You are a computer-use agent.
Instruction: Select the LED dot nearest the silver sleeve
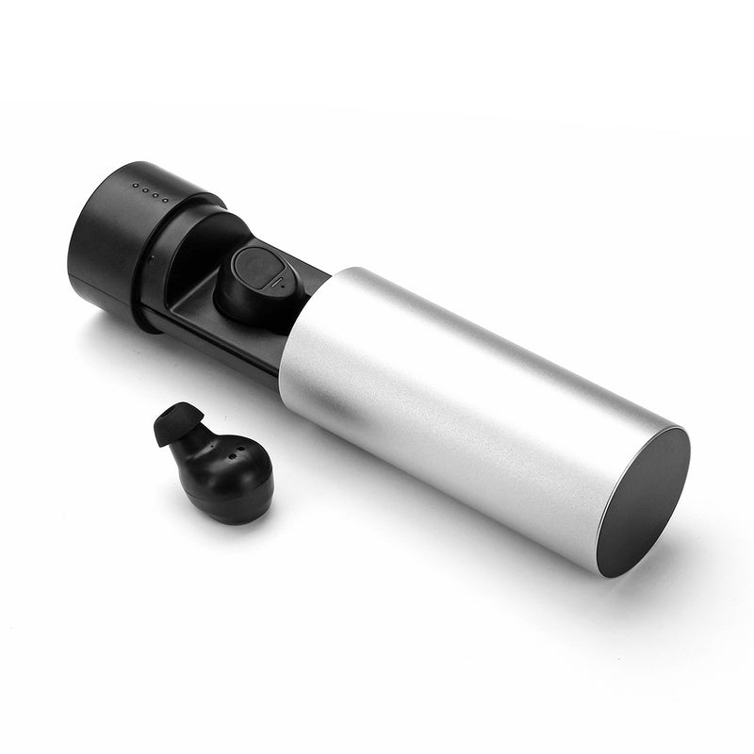click(167, 199)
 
